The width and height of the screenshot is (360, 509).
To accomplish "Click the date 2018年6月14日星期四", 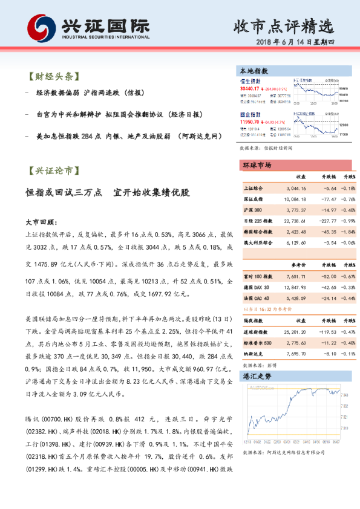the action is click(299, 42).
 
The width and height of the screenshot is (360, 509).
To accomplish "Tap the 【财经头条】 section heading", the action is click(53, 77).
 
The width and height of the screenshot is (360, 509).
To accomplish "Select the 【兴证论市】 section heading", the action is click(53, 172).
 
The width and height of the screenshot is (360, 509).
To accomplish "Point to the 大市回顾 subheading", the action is click(42, 222).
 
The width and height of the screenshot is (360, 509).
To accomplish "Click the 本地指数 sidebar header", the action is click(254, 70).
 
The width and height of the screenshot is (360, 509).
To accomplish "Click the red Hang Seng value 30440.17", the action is click(254, 89).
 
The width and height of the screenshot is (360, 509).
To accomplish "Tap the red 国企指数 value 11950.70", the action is click(254, 122).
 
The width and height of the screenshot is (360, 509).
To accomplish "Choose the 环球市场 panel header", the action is click(257, 165).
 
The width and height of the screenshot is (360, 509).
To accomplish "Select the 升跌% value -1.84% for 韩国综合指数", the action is click(349, 232).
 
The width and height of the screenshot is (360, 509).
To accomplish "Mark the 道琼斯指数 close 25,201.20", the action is click(296, 332).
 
